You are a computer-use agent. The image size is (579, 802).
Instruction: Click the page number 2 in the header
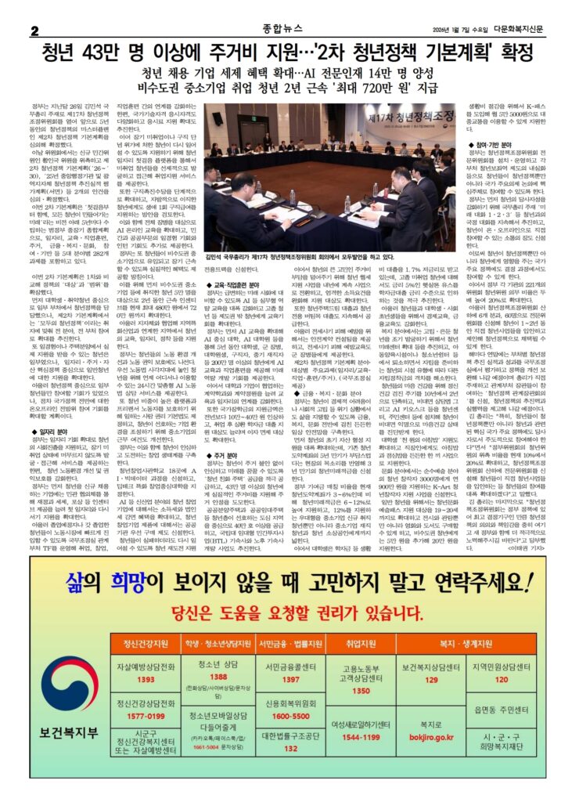coord(34,30)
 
